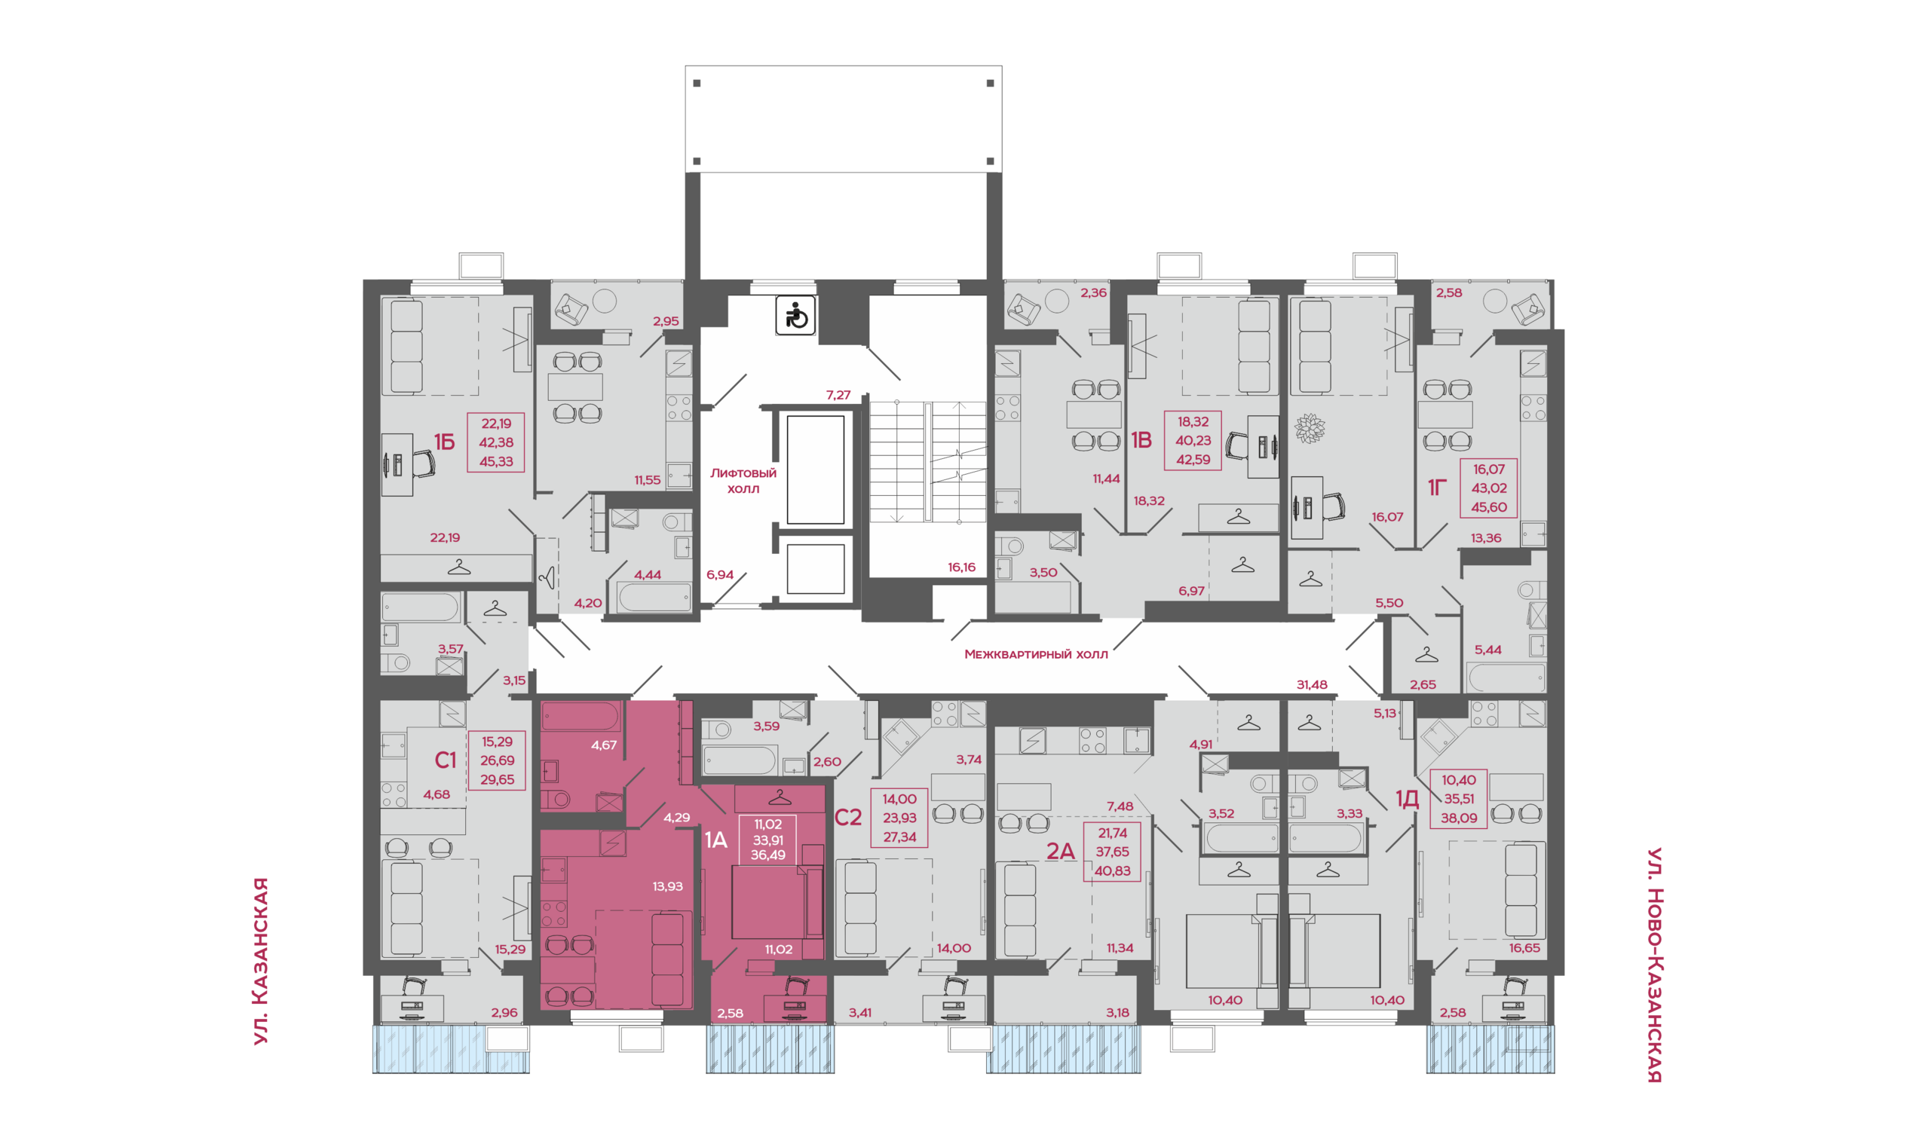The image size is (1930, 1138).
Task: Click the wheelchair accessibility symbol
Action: [795, 315]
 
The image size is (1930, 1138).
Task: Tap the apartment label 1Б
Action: [444, 442]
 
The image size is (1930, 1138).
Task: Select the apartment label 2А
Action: [1060, 850]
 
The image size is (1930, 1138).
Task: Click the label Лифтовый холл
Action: [743, 481]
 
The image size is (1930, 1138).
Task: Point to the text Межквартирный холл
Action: [1036, 655]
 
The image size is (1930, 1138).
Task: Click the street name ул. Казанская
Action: [261, 961]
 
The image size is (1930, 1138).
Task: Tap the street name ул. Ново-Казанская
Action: [1655, 965]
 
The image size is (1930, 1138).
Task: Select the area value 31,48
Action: [1312, 685]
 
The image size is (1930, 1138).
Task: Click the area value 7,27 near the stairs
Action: [838, 396]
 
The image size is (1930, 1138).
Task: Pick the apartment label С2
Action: [847, 818]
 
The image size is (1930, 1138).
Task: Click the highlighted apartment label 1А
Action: [715, 840]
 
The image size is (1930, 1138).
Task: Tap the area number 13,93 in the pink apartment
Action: [667, 886]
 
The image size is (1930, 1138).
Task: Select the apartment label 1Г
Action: [1437, 487]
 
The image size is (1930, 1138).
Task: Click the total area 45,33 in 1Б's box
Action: [495, 462]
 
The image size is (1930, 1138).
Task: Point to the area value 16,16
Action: [961, 567]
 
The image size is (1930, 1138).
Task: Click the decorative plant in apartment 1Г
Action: [1310, 428]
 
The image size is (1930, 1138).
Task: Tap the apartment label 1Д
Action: [1407, 799]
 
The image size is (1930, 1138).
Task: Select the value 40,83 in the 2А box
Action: [1111, 871]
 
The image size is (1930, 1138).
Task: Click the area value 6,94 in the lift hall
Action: [719, 575]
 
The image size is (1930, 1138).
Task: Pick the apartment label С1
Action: [445, 760]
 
